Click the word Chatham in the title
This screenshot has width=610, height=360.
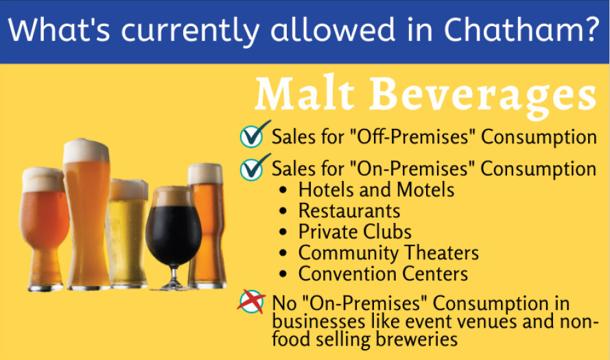pyautogui.click(x=515, y=30)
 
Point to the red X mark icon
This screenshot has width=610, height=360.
pyautogui.click(x=251, y=301)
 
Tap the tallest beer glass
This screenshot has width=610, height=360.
pyautogui.click(x=86, y=214)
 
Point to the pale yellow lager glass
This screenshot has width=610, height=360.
pyautogui.click(x=128, y=233)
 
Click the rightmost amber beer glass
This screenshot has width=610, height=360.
pyautogui.click(x=206, y=226)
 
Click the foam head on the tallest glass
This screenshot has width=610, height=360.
pyautogui.click(x=86, y=151)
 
